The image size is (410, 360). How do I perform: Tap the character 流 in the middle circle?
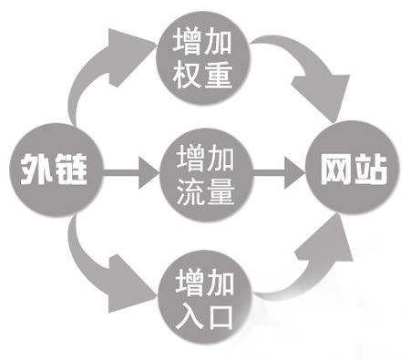(x=185, y=192)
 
